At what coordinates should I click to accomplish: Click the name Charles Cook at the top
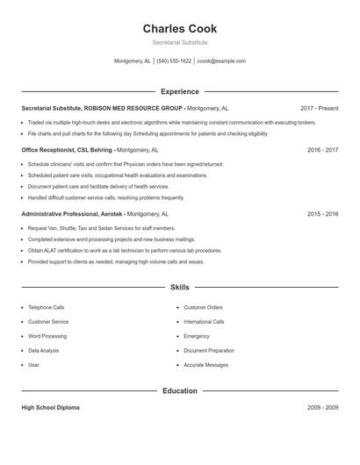[180, 29]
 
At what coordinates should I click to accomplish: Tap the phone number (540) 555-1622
[175, 61]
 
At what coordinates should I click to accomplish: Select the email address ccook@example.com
[221, 61]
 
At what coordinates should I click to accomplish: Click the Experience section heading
[180, 91]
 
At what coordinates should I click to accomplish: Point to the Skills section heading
[180, 287]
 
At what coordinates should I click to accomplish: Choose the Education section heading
[180, 390]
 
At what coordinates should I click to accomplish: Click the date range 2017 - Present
[319, 108]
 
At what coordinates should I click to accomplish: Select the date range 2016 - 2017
[322, 150]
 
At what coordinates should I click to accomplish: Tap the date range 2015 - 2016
[322, 213]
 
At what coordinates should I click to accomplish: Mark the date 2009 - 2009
[322, 408]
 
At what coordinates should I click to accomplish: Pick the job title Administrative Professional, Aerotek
[72, 213]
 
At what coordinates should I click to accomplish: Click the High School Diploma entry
[52, 408]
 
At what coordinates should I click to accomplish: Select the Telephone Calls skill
[47, 308]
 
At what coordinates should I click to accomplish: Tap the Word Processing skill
[47, 336]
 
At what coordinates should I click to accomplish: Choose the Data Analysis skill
[44, 350]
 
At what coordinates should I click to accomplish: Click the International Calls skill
[204, 322]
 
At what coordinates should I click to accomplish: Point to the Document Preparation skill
[209, 350]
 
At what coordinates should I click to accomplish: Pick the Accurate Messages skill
[206, 364]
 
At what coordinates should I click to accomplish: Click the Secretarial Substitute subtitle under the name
[180, 42]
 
